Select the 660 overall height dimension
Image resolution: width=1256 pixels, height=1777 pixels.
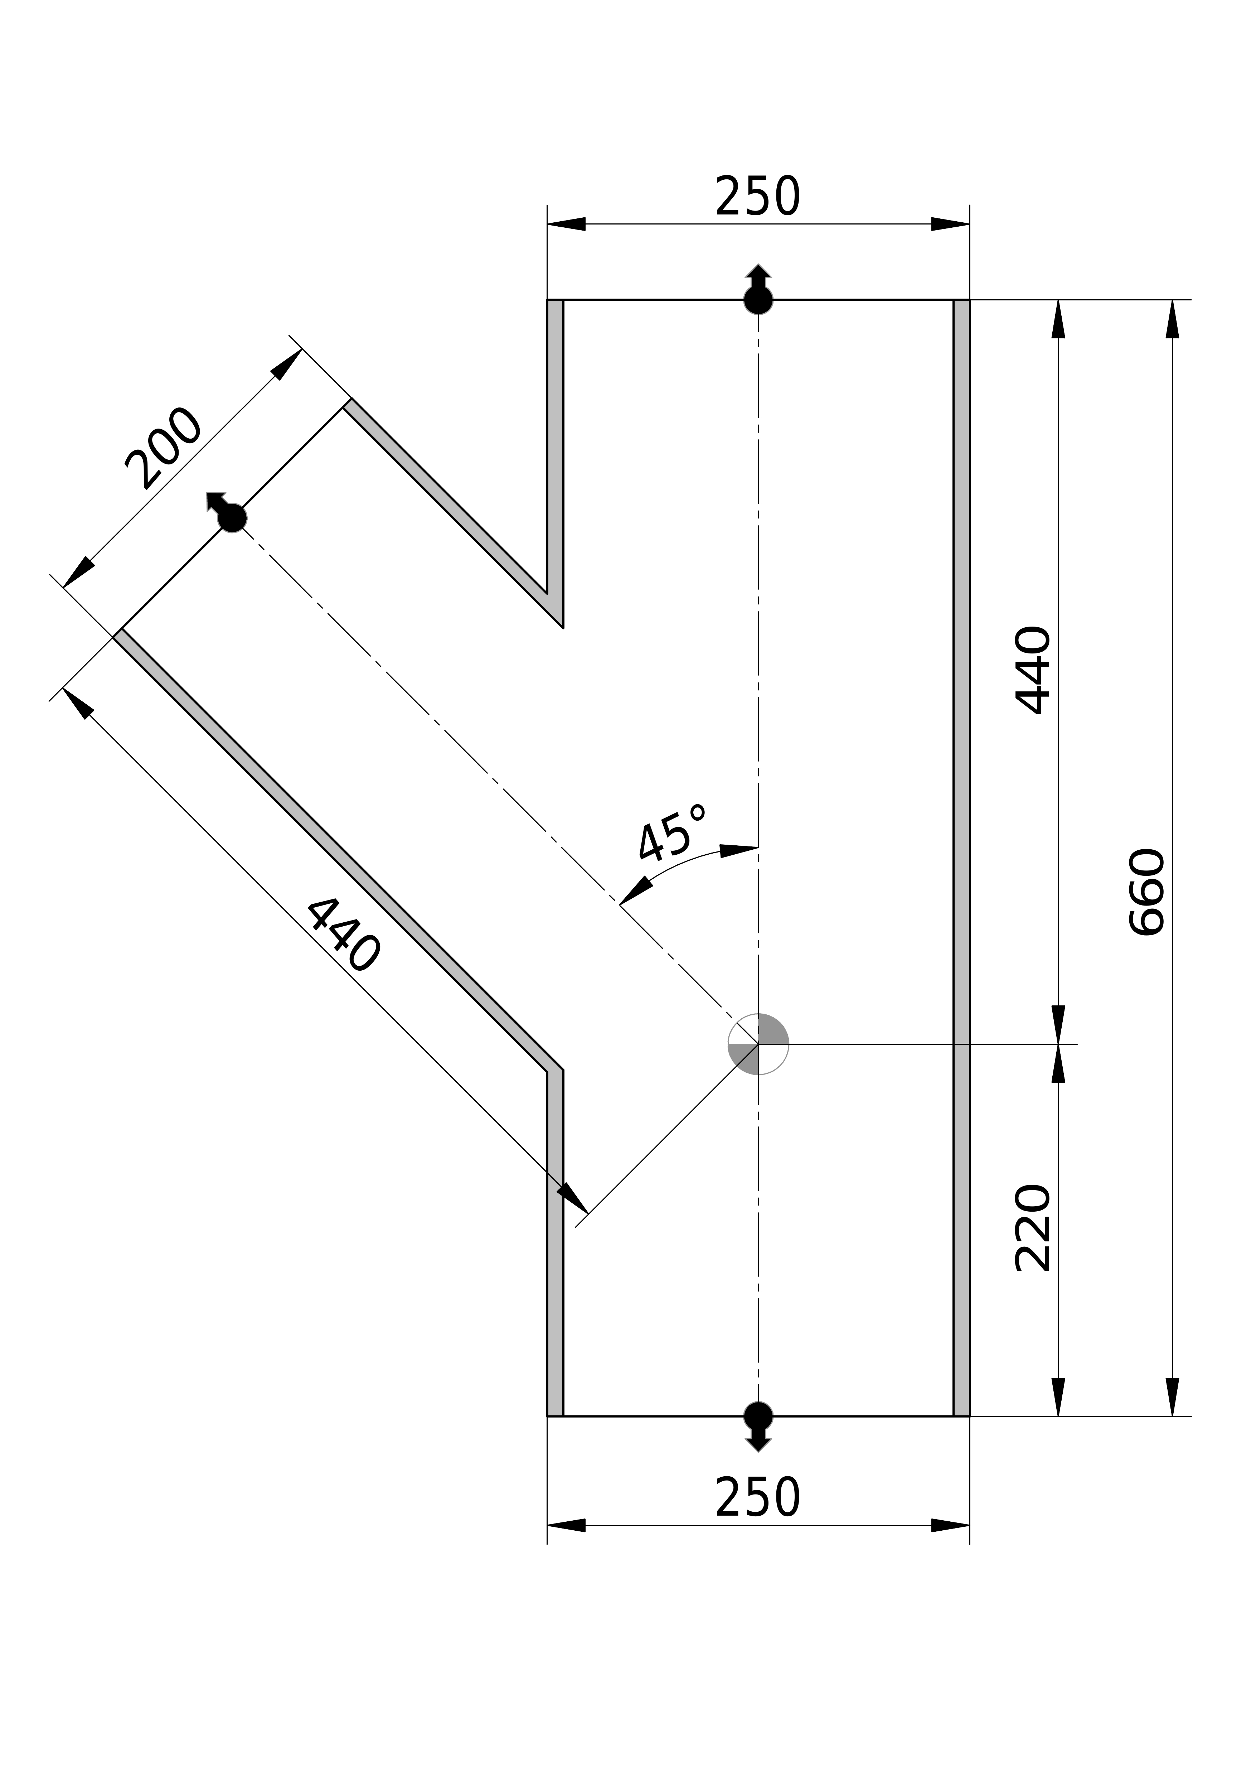1147,892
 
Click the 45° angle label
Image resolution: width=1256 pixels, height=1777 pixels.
672,834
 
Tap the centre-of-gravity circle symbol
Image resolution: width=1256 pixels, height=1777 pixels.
758,1044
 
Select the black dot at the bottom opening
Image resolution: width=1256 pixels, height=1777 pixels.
758,1416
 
